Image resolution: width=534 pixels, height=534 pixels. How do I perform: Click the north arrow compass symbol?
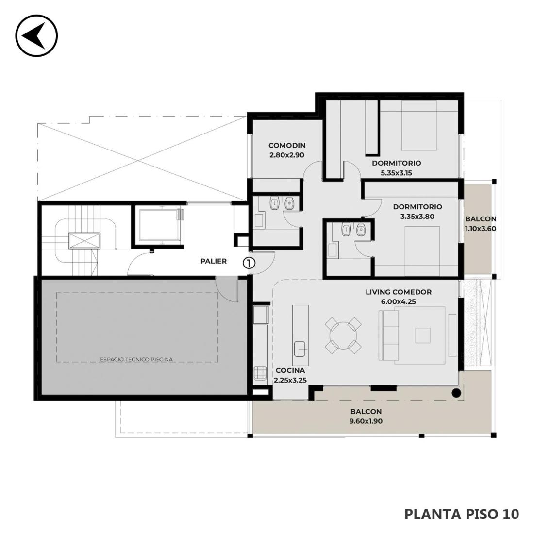[x=36, y=35]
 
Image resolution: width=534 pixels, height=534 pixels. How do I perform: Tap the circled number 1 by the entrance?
[x=249, y=263]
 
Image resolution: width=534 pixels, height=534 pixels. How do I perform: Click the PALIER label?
[x=214, y=261]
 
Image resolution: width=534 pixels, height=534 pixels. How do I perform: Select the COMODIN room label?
[x=287, y=146]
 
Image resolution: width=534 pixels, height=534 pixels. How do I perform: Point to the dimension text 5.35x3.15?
[x=397, y=173]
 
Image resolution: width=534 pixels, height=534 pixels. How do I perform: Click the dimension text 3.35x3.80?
[x=417, y=216]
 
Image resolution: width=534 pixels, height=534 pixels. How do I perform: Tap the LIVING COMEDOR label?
[x=399, y=292]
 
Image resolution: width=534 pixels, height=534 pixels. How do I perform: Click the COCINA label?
[x=290, y=370]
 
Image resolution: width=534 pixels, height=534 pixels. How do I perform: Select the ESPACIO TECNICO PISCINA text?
[x=136, y=359]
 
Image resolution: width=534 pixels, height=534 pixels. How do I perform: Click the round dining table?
[x=343, y=336]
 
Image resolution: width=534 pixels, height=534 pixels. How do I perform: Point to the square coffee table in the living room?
[x=423, y=335]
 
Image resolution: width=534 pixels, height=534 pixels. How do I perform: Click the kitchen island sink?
[x=300, y=349]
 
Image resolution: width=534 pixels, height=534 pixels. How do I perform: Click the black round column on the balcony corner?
[x=456, y=393]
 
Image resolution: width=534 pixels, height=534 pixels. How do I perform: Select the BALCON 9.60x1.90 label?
[x=366, y=416]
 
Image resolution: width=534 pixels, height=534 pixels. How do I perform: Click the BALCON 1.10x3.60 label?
[x=481, y=224]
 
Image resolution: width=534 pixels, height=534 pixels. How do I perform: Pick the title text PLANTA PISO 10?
[x=462, y=514]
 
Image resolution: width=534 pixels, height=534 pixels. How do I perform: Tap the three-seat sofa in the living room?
[x=388, y=335]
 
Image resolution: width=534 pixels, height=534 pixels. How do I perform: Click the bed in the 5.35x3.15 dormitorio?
[x=419, y=125]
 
